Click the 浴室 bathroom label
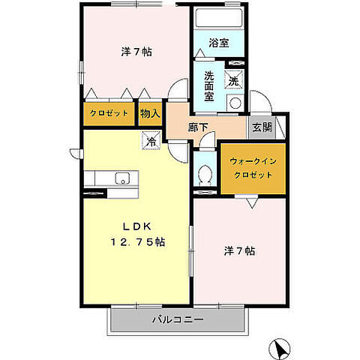pyautogui.click(x=218, y=43)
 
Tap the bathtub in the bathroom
pyautogui.click(x=218, y=18)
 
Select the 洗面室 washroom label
pyautogui.click(x=210, y=85)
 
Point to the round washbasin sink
pyautogui.click(x=235, y=103)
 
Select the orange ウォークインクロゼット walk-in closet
pyautogui.click(x=252, y=167)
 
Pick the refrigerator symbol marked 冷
pyautogui.click(x=151, y=139)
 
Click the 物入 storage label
pyautogui.click(x=150, y=113)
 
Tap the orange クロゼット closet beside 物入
pyautogui.click(x=108, y=113)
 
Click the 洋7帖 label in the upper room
pyautogui.click(x=137, y=52)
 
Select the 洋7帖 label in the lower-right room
pyautogui.click(x=239, y=251)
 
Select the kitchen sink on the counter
pyautogui.click(x=121, y=178)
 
